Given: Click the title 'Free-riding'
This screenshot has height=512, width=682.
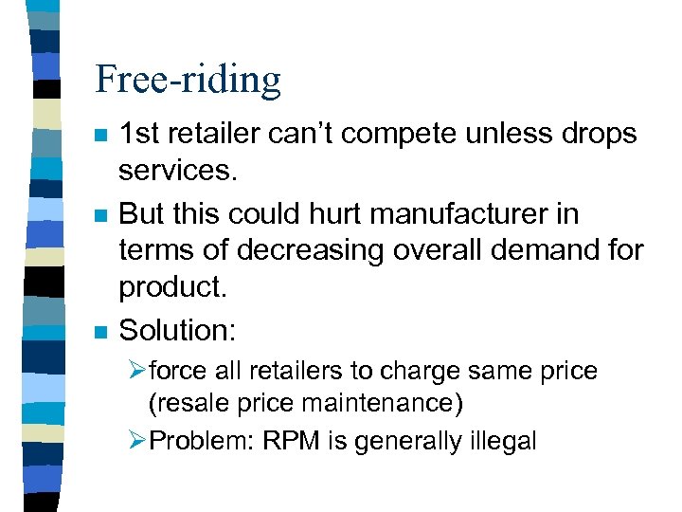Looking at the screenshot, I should [188, 79].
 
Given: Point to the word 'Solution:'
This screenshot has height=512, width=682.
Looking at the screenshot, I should [179, 330].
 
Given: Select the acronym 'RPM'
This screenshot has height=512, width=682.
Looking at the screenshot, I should [288, 440].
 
